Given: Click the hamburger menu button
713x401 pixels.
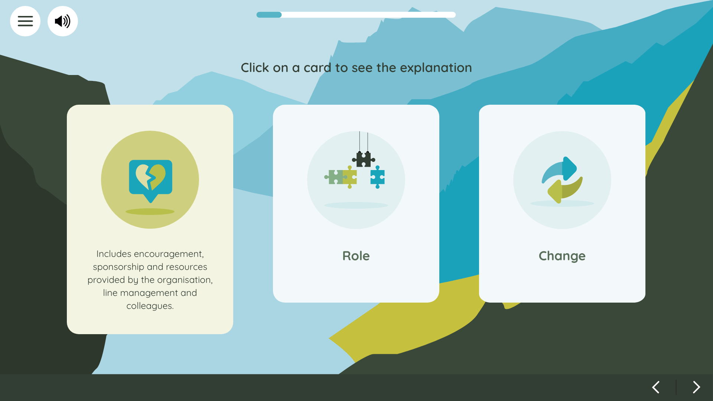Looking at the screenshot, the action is (25, 21).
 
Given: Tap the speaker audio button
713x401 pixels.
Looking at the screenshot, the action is (63, 21).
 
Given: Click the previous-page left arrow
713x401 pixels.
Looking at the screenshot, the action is (656, 387).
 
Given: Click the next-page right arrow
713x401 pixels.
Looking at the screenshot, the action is (697, 387).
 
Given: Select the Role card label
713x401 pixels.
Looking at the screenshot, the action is (356, 256).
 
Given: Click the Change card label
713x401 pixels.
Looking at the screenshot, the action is (562, 256).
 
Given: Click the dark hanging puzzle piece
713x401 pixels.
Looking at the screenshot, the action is (364, 159).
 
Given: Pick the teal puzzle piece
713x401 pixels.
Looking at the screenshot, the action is (378, 177).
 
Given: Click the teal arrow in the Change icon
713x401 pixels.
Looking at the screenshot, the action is (561, 169).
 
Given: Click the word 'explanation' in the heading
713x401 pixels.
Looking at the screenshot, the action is (436, 68).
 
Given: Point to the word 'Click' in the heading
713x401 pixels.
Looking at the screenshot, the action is (255, 68).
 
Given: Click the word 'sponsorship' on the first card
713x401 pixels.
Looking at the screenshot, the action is (118, 267).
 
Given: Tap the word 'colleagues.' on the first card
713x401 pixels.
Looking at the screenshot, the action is (150, 306).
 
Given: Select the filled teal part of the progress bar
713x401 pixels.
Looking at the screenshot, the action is (269, 15).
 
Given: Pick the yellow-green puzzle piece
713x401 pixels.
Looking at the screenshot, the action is (350, 177).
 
